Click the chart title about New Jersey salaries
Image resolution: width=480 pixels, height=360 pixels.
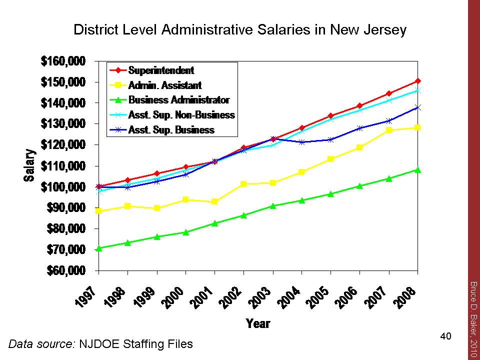[x=240, y=30]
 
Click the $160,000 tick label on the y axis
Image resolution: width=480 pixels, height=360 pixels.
[x=64, y=61]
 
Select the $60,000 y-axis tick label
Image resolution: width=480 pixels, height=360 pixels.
[x=66, y=270]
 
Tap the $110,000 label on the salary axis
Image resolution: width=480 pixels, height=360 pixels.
[x=64, y=166]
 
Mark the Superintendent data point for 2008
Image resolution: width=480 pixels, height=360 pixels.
[x=417, y=81]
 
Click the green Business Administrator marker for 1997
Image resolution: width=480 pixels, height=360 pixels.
[x=98, y=248]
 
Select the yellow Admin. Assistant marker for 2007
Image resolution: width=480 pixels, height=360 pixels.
[x=388, y=130]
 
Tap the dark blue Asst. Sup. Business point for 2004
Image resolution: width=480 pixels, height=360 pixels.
[x=301, y=142]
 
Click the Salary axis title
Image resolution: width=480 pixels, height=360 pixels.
[x=30, y=165]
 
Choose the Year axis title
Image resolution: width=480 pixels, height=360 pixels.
[x=258, y=323]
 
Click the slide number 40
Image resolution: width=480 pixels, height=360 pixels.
[x=445, y=336]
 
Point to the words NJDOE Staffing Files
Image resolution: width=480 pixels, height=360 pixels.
[x=135, y=344]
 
